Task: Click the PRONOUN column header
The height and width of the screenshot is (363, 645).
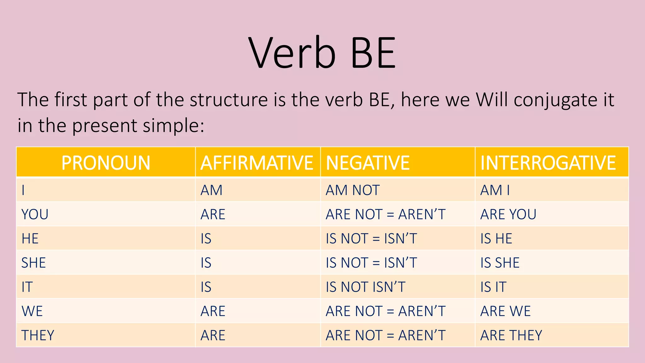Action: [x=106, y=163]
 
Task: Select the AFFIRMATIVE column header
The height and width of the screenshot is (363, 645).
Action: [x=257, y=163]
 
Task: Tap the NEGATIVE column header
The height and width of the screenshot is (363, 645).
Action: [x=368, y=163]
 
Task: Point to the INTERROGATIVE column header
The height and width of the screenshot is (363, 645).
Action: [x=548, y=163]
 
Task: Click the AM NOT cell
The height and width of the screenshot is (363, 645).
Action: [x=353, y=190]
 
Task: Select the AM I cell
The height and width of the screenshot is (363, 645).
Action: [x=495, y=190]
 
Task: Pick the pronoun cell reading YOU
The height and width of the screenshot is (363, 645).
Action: [x=35, y=215]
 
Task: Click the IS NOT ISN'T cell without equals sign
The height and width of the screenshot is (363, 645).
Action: [x=365, y=287]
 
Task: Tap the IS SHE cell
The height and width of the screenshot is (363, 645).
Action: [x=500, y=263]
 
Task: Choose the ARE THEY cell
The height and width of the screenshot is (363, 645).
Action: [x=511, y=335]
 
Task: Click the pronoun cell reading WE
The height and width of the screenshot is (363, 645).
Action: [x=32, y=311]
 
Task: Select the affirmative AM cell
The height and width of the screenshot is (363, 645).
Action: [x=212, y=190]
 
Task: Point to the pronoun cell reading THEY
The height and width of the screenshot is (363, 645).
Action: [x=38, y=335]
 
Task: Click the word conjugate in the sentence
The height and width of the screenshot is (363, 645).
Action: [x=555, y=100]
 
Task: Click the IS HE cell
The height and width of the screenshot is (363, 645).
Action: [x=496, y=239]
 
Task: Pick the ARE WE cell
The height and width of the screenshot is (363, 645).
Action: [x=505, y=311]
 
